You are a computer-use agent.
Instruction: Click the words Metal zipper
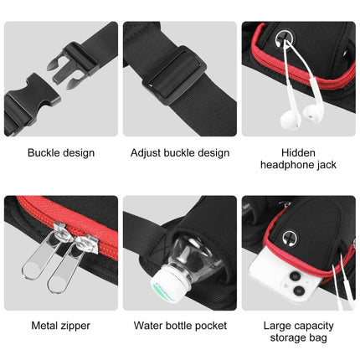pyautogui.click(x=60, y=326)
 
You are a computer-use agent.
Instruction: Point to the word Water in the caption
pyautogui.click(x=150, y=326)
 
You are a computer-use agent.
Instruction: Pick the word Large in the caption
pyautogui.click(x=278, y=324)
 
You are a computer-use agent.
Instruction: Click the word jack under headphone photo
pyautogui.click(x=326, y=165)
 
